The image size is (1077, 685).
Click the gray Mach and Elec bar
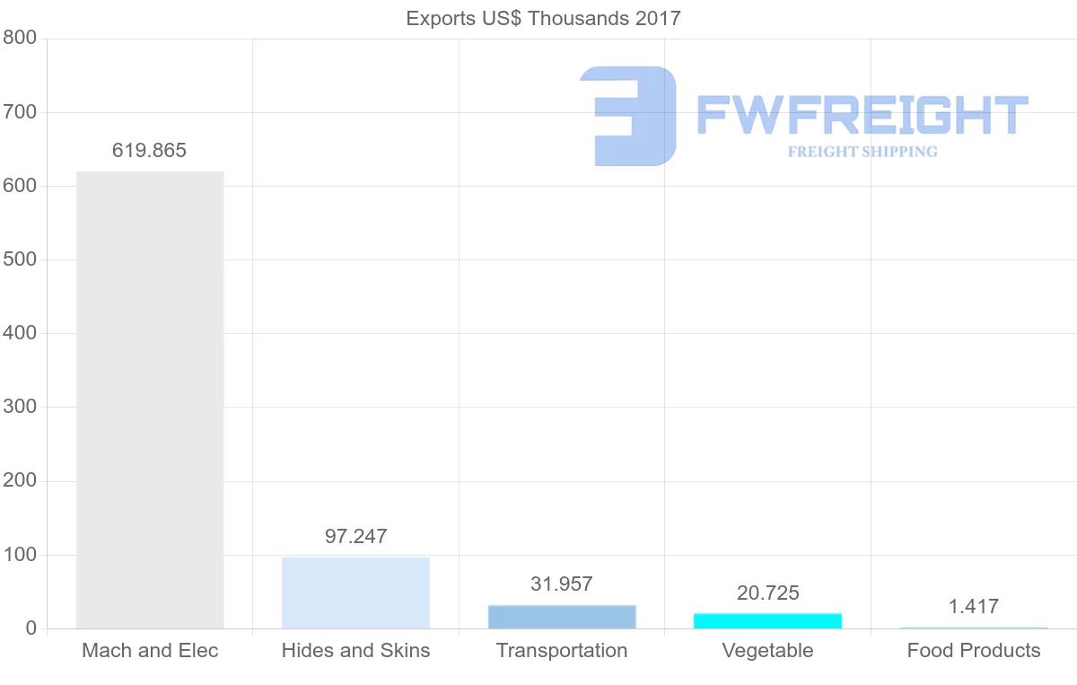tap(150, 400)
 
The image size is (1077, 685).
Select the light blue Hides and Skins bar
tap(355, 593)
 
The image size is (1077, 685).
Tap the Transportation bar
tap(562, 617)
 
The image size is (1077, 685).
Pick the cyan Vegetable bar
tap(767, 620)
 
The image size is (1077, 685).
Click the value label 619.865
tap(149, 150)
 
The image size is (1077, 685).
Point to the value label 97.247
tap(355, 536)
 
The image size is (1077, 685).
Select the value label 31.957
tap(562, 584)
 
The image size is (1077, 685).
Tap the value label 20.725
tap(767, 593)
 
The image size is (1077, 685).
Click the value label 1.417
tap(974, 606)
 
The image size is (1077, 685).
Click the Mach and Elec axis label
tap(150, 650)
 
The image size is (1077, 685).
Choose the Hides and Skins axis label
tap(355, 650)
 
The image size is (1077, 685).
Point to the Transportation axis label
tap(562, 650)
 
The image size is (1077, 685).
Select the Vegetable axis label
tap(767, 650)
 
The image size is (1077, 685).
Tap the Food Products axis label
tap(974, 650)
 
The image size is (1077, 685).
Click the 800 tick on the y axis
tap(19, 38)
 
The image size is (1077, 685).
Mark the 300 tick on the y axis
tap(19, 407)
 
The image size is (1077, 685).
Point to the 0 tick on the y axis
tap(31, 628)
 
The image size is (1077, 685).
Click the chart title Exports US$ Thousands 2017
tap(543, 18)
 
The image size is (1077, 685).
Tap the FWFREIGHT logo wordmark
tap(862, 114)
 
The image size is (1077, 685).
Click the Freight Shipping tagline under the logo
tap(862, 152)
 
